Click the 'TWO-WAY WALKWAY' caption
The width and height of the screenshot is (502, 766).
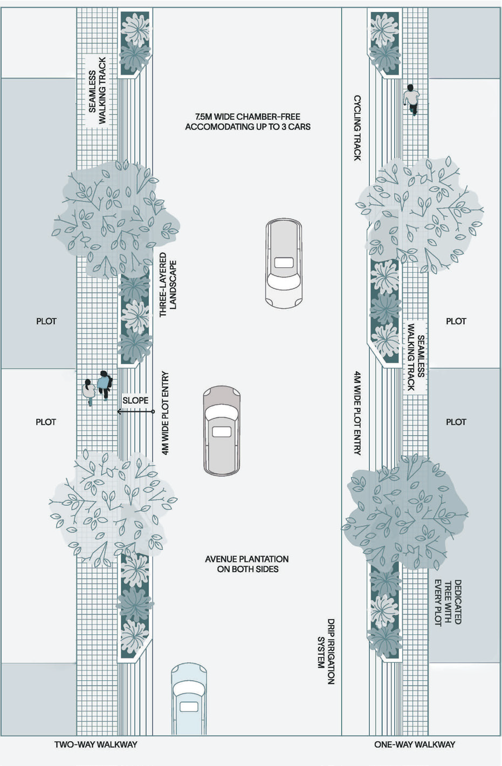(x=95, y=744)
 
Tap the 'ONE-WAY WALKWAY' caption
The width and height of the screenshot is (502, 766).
(x=415, y=744)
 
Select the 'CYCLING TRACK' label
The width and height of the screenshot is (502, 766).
(x=357, y=128)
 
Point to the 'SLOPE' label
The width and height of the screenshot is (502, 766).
(x=135, y=401)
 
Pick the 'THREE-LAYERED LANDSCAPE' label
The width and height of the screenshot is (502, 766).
(x=168, y=285)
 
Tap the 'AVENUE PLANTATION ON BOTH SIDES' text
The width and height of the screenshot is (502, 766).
(x=247, y=564)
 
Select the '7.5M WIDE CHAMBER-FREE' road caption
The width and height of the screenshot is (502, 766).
(x=248, y=117)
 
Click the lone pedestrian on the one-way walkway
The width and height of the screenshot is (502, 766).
(x=411, y=100)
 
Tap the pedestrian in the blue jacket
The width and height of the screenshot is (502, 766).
(x=104, y=385)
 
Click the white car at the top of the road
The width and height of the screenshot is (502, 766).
(x=284, y=263)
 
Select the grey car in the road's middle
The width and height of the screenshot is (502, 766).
(x=222, y=431)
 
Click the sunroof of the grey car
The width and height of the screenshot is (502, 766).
(x=222, y=431)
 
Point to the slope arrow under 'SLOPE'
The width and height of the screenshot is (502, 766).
(x=135, y=411)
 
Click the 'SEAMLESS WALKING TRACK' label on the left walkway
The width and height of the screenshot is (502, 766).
(x=97, y=90)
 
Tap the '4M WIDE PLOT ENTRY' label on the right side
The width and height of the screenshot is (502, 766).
(x=357, y=413)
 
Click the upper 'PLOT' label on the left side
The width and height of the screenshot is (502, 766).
(x=46, y=321)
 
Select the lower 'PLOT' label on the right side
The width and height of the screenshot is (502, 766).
(x=456, y=422)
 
